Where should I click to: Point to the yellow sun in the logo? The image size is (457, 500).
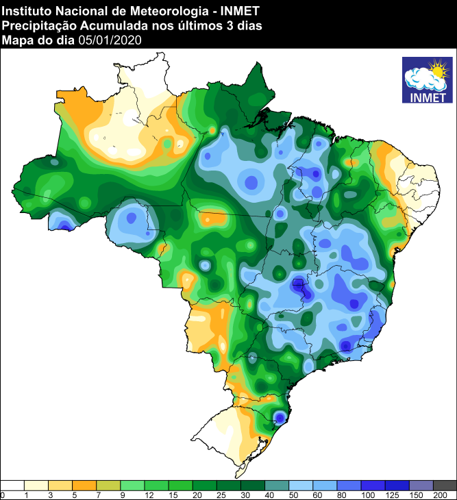tap(436, 70)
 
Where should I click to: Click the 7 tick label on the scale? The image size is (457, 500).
tap(97, 495)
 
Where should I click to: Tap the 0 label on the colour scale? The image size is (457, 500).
tap(3, 495)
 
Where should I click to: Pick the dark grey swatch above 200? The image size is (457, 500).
tap(445, 485)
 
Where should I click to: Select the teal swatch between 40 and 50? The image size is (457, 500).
tap(277, 485)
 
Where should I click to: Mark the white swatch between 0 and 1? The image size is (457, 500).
tap(13, 485)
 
